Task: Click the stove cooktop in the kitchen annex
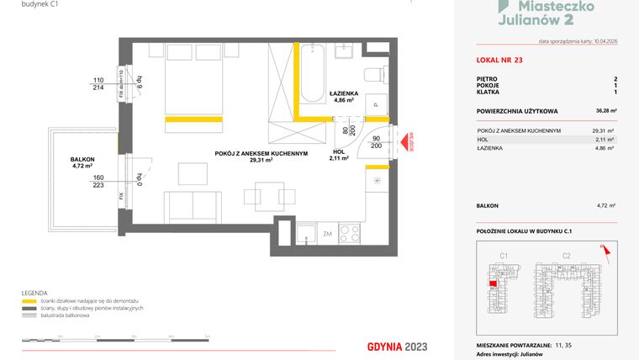350,232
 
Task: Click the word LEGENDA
35,290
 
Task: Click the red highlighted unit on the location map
490,284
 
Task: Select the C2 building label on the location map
566,255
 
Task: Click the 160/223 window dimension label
99,182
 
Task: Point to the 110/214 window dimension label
98,84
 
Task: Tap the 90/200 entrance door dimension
376,141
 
